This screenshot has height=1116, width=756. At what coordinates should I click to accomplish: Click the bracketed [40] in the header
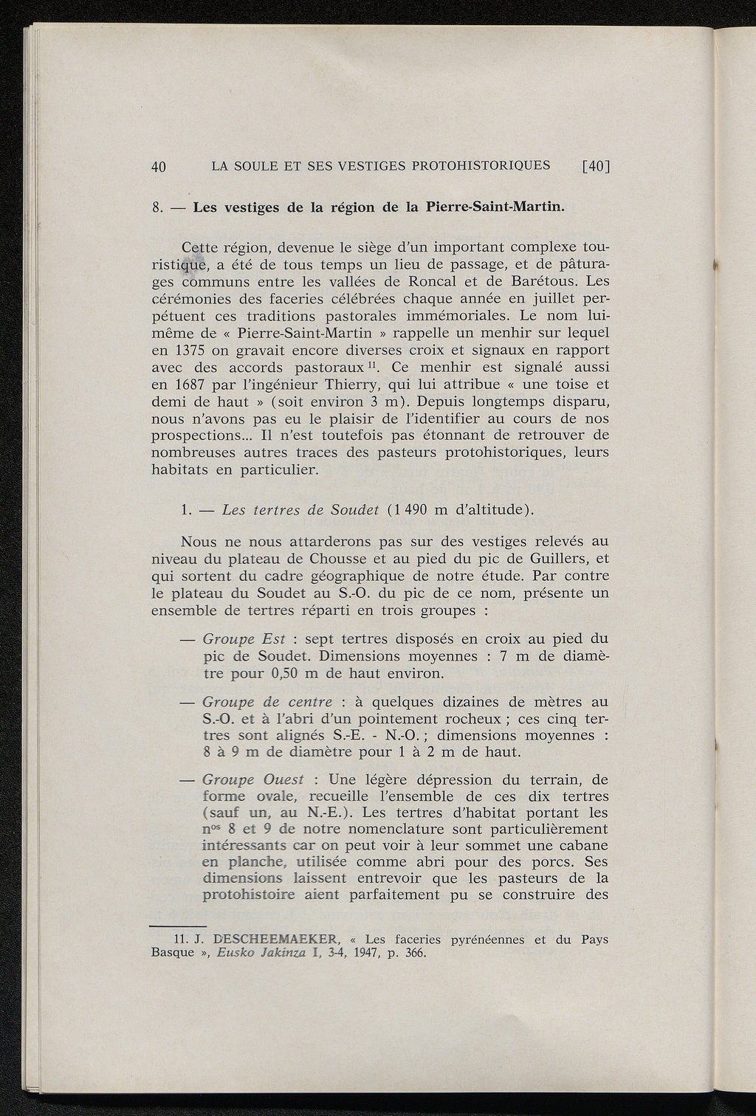pyautogui.click(x=596, y=166)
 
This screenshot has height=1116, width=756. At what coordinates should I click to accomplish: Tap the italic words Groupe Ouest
pyautogui.click(x=252, y=779)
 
